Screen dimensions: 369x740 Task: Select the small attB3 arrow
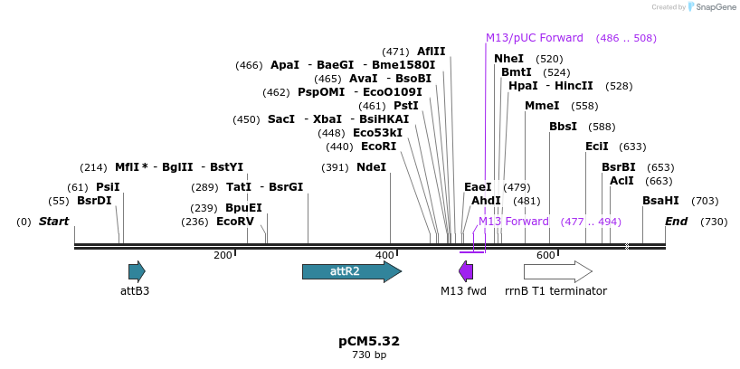(x=137, y=271)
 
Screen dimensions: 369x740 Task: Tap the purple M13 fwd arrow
(x=466, y=271)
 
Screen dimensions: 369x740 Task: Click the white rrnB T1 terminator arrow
(x=557, y=271)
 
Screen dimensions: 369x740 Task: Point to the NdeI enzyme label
(x=371, y=167)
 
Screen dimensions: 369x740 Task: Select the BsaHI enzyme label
(x=660, y=201)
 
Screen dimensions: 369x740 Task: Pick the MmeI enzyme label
(x=542, y=106)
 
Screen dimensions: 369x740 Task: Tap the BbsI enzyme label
(x=563, y=127)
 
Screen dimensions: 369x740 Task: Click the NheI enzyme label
(x=509, y=59)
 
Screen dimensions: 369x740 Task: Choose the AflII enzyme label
(x=431, y=52)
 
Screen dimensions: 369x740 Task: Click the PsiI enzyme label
(x=108, y=187)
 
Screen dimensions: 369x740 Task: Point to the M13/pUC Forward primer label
(x=535, y=38)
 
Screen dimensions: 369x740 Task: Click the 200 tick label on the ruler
(x=223, y=256)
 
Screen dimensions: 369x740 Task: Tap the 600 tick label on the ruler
(x=546, y=256)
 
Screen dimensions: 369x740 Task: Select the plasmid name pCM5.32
(x=369, y=341)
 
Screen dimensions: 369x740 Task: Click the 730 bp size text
(x=369, y=355)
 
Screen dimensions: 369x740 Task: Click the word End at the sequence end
(x=677, y=222)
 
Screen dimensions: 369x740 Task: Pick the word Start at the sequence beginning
(x=54, y=222)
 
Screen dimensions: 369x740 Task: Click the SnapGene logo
(x=710, y=7)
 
